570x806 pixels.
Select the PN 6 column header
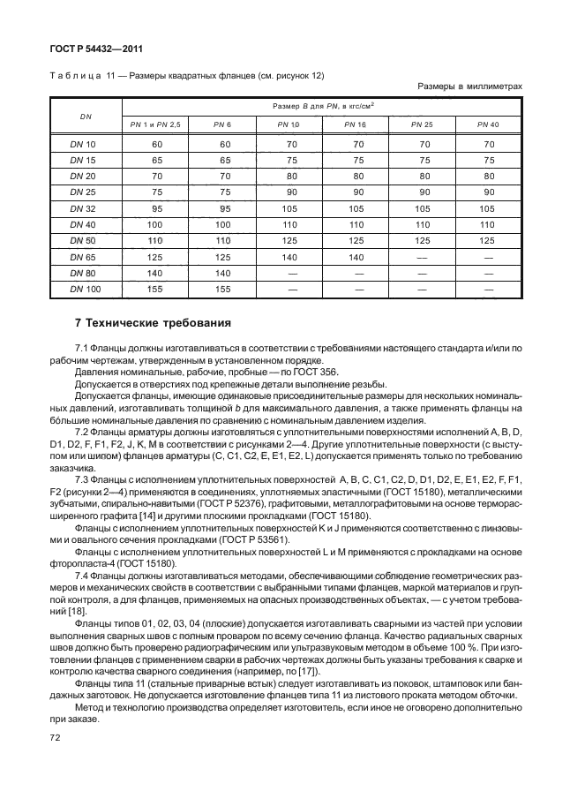tap(223, 124)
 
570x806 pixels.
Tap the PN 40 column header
tap(487, 124)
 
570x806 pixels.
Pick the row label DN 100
tap(86, 288)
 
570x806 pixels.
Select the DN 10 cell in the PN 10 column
tap(289, 145)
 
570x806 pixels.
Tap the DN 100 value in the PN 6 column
tap(223, 288)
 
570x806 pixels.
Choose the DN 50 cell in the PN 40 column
tap(487, 240)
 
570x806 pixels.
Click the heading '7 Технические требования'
tap(148, 322)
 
